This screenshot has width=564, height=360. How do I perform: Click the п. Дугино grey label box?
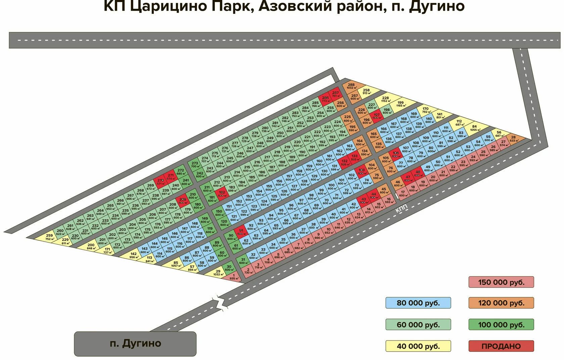tap(135, 344)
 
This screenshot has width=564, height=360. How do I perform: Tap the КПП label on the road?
tap(402, 209)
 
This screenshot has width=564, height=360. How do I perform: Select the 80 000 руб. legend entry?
tap(418, 303)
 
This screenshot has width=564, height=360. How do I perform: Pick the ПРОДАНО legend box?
tap(501, 346)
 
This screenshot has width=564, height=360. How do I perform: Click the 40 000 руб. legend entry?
tap(418, 346)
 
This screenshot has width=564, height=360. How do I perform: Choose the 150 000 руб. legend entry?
tap(501, 282)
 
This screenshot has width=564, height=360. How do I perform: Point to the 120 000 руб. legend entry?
tap(501, 303)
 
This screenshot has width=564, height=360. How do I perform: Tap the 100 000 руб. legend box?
tap(501, 325)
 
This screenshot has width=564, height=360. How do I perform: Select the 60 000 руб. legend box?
tap(418, 325)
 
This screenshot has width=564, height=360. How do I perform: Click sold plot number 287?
tap(335, 94)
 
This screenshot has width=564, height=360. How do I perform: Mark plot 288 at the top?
tap(351, 86)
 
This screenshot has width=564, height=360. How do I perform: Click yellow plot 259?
tap(50, 237)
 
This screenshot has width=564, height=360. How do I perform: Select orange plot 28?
tap(513, 139)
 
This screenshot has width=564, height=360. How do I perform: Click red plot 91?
tap(241, 232)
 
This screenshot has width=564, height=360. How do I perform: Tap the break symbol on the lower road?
tap(219, 301)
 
